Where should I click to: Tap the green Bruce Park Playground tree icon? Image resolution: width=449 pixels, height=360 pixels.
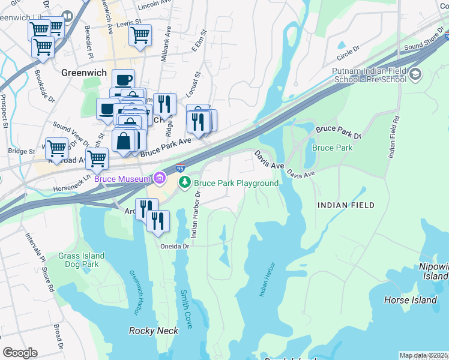click(187, 182)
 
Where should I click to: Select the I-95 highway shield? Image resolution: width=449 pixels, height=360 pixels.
click(180, 169)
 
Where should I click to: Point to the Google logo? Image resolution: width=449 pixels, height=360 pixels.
click(20, 353)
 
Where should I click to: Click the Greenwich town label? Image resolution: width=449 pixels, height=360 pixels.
click(84, 73)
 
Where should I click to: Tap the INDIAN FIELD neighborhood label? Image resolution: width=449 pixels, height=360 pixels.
click(346, 205)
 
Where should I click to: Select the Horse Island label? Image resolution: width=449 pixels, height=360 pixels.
click(411, 300)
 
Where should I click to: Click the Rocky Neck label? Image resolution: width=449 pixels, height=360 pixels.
click(150, 331)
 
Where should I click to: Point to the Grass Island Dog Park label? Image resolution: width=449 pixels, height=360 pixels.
click(82, 260)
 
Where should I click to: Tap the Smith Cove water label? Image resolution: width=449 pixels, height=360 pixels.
click(187, 309)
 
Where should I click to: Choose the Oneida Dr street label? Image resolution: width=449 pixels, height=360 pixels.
click(175, 246)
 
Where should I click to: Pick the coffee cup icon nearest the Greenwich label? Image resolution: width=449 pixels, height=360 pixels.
click(123, 80)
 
